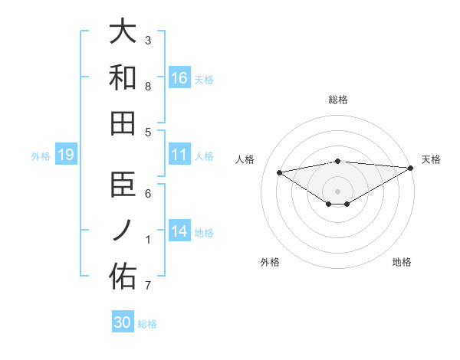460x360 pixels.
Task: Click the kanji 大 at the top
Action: point(123,32)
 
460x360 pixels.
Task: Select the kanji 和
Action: point(123,78)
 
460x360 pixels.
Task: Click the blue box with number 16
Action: point(179,78)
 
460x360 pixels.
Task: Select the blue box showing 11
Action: point(179,155)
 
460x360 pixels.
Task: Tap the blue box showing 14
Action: point(179,232)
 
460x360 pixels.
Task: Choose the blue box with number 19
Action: point(66,155)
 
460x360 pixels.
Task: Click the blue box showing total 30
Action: point(123,322)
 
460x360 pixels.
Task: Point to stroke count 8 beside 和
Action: point(148,86)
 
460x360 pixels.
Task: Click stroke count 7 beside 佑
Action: point(148,286)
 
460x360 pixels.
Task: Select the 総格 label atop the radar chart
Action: point(337,100)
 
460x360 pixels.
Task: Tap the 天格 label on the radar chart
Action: point(431,159)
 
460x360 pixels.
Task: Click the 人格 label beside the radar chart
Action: point(245,159)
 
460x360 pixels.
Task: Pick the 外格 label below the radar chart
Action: point(270,262)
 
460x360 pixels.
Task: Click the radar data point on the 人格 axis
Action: point(279,172)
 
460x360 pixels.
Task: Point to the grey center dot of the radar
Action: point(337,190)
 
